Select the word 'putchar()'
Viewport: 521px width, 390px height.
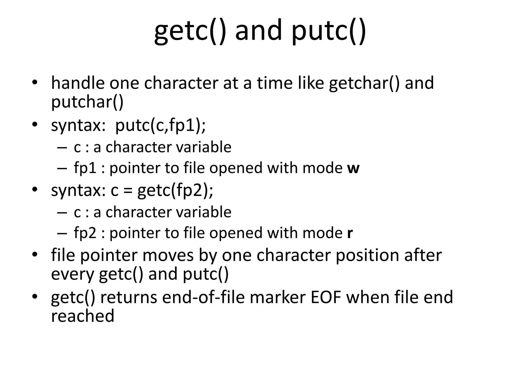(87, 102)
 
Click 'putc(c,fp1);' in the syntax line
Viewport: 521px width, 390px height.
(160, 125)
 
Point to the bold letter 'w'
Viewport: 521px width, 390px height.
(353, 168)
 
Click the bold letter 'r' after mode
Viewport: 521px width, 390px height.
(350, 233)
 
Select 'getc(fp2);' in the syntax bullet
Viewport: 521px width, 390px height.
(175, 190)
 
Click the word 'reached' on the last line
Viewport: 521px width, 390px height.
(83, 316)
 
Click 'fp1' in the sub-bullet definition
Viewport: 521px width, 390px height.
(85, 168)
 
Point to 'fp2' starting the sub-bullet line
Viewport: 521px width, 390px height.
(85, 233)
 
